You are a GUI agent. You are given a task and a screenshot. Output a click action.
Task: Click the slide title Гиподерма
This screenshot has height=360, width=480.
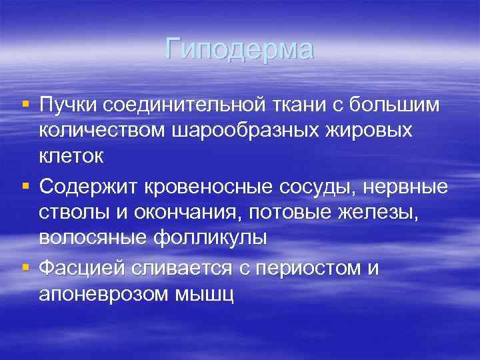239,50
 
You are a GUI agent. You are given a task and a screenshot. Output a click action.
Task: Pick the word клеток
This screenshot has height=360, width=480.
71,158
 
